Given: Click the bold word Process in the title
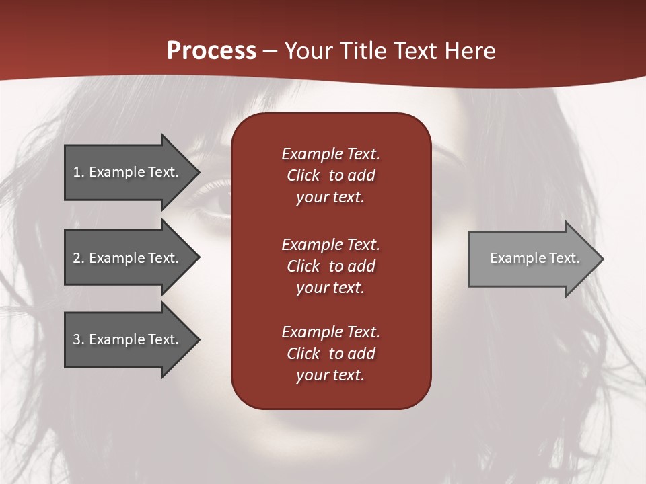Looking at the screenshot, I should tap(211, 51).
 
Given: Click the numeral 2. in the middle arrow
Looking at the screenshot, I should tap(79, 258).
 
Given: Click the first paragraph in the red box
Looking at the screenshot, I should tap(330, 175).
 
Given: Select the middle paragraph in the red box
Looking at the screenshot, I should tap(330, 266).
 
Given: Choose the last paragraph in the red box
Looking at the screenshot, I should tap(330, 354).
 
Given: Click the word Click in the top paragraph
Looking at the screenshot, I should tap(303, 175).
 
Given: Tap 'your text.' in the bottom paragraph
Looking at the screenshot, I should tap(330, 375).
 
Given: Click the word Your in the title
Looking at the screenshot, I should tap(309, 51).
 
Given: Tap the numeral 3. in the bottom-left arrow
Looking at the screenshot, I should tap(79, 339).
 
